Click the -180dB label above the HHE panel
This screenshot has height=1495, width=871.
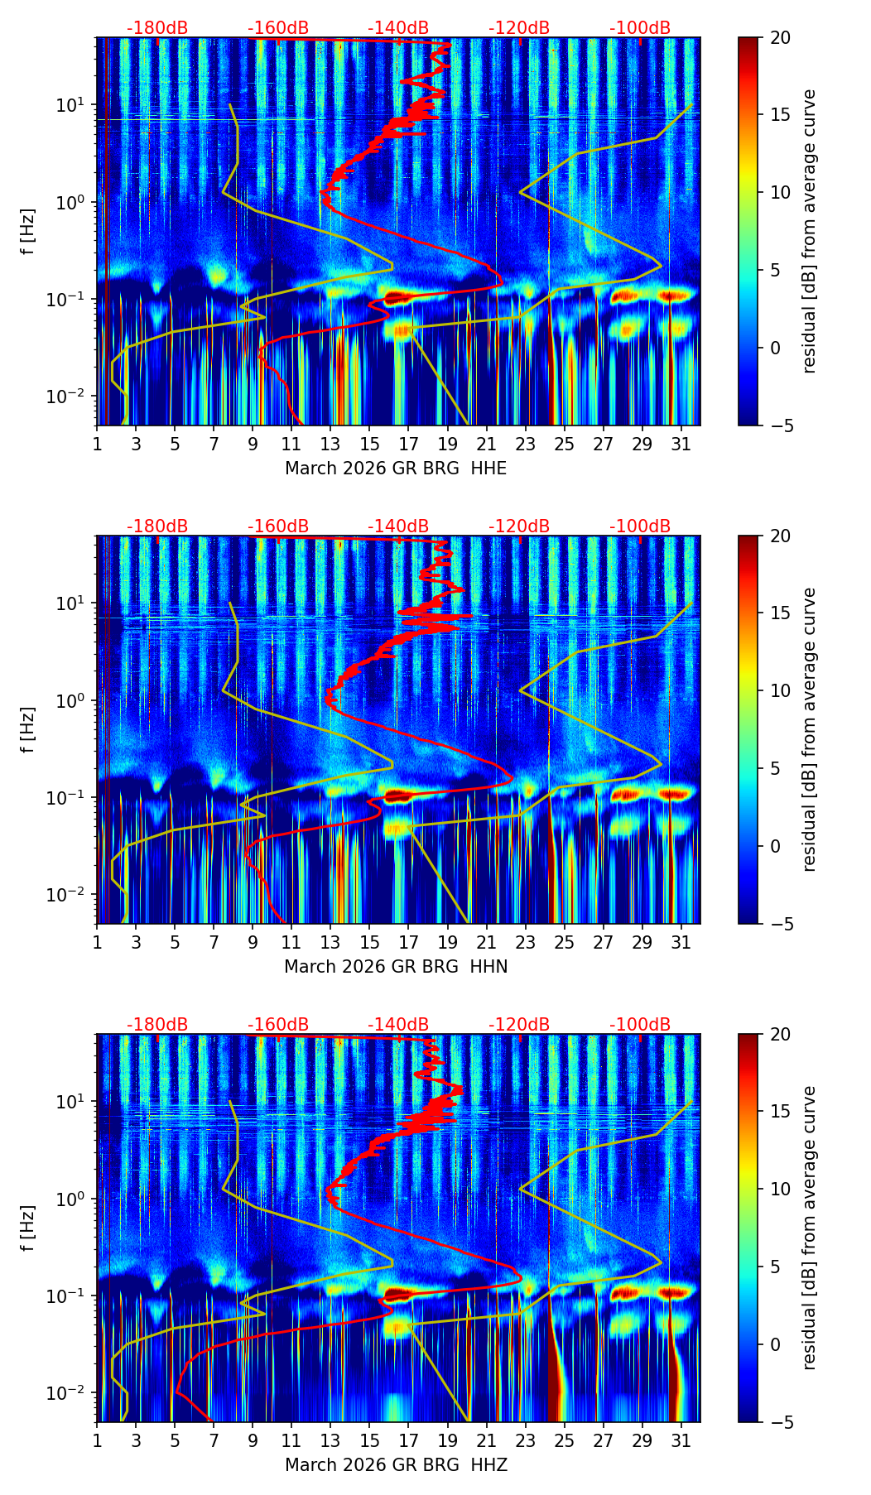157,28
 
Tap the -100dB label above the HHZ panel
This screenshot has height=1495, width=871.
640,1025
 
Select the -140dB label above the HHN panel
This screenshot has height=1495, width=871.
398,526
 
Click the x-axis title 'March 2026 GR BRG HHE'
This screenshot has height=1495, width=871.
396,469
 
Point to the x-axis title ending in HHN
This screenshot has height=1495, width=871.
396,967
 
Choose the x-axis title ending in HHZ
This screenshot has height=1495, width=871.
396,1465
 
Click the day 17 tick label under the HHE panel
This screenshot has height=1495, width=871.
408,445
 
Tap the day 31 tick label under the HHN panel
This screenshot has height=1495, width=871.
681,943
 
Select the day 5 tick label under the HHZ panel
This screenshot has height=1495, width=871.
175,1441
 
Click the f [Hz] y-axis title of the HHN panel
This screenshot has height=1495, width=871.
28,729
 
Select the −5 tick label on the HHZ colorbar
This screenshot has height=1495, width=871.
781,1422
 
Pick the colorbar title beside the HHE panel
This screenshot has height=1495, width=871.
810,231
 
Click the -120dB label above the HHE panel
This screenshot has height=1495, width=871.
519,28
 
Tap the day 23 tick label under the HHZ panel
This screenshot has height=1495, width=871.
525,1441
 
